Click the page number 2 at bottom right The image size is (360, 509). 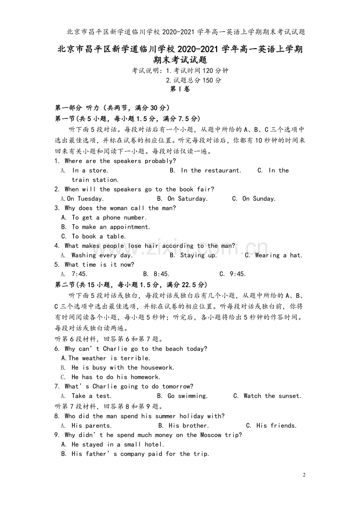point(304,475)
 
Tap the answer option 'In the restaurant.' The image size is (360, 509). point(211,170)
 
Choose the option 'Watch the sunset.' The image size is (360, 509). point(272,396)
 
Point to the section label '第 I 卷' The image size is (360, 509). point(180,89)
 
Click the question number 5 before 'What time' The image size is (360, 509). point(57,265)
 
